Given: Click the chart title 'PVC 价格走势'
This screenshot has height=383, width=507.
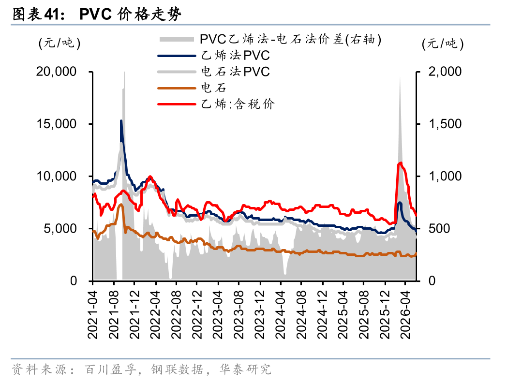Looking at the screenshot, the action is tap(130, 14).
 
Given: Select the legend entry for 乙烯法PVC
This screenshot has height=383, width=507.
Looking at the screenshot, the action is tap(214, 56).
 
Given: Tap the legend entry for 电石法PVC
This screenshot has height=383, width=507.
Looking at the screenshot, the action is tap(214, 72).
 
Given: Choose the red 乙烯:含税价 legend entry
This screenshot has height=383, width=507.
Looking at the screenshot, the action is tap(216, 104).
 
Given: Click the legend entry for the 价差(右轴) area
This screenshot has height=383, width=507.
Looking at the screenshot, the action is tap(270, 40).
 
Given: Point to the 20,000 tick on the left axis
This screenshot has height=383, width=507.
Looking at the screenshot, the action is tap(56, 72).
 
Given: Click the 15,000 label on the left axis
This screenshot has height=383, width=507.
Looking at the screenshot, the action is tap(56, 124).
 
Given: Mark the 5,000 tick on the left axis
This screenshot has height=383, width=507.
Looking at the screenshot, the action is tap(60, 229).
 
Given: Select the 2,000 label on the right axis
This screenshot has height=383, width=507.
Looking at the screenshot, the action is tap(445, 72).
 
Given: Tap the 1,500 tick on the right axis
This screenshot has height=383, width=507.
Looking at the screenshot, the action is tap(445, 124).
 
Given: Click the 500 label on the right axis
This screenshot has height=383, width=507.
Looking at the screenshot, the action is tap(439, 229).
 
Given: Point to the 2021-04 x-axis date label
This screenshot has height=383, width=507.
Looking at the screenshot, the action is tap(93, 314).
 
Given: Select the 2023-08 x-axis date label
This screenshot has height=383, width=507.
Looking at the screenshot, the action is tap(239, 314).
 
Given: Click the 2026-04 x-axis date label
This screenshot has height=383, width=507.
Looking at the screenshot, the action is tap(405, 314).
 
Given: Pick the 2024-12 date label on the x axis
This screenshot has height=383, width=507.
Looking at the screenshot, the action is tap(322, 314).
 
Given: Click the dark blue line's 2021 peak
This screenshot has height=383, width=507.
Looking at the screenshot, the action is tap(121, 120).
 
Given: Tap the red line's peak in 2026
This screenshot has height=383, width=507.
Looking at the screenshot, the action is tap(401, 162).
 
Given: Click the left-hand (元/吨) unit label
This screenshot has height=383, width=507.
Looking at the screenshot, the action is tap(60, 44).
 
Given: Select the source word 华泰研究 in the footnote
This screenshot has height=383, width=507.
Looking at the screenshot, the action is tap(245, 369).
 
